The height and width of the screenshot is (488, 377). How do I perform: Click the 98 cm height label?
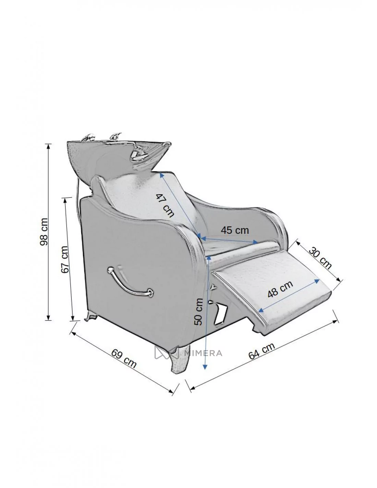tap(44, 231)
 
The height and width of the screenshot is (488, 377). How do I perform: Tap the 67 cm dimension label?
tap(64, 259)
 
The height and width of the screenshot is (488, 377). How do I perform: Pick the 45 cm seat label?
tap(234, 230)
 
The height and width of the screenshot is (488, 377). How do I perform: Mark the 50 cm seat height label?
tap(198, 312)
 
